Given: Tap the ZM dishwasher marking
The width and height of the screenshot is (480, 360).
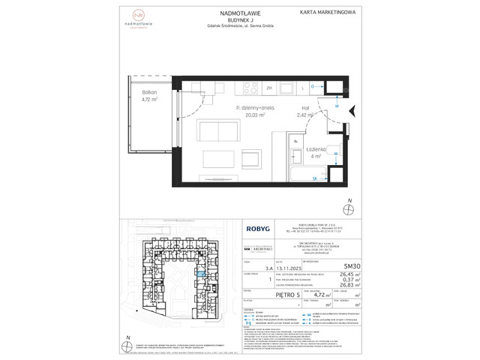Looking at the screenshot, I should click(269, 88).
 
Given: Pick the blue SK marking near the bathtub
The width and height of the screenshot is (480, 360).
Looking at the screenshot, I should click(314, 178).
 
